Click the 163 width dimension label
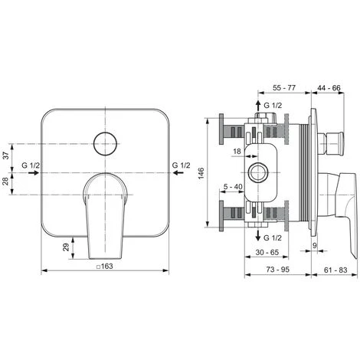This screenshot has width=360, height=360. click(x=105, y=267)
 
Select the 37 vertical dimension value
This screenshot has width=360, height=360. click(x=6, y=155)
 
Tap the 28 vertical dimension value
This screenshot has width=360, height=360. click(x=6, y=182)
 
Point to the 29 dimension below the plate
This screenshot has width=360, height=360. click(x=67, y=247)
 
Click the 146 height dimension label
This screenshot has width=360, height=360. click(x=201, y=173)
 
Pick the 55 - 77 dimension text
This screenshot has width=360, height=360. click(x=284, y=88)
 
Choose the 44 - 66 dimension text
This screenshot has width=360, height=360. click(x=329, y=88)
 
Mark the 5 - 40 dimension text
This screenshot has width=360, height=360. click(x=233, y=187)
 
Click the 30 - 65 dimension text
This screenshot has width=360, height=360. click(x=267, y=253)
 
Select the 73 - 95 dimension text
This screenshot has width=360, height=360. click(x=278, y=270)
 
